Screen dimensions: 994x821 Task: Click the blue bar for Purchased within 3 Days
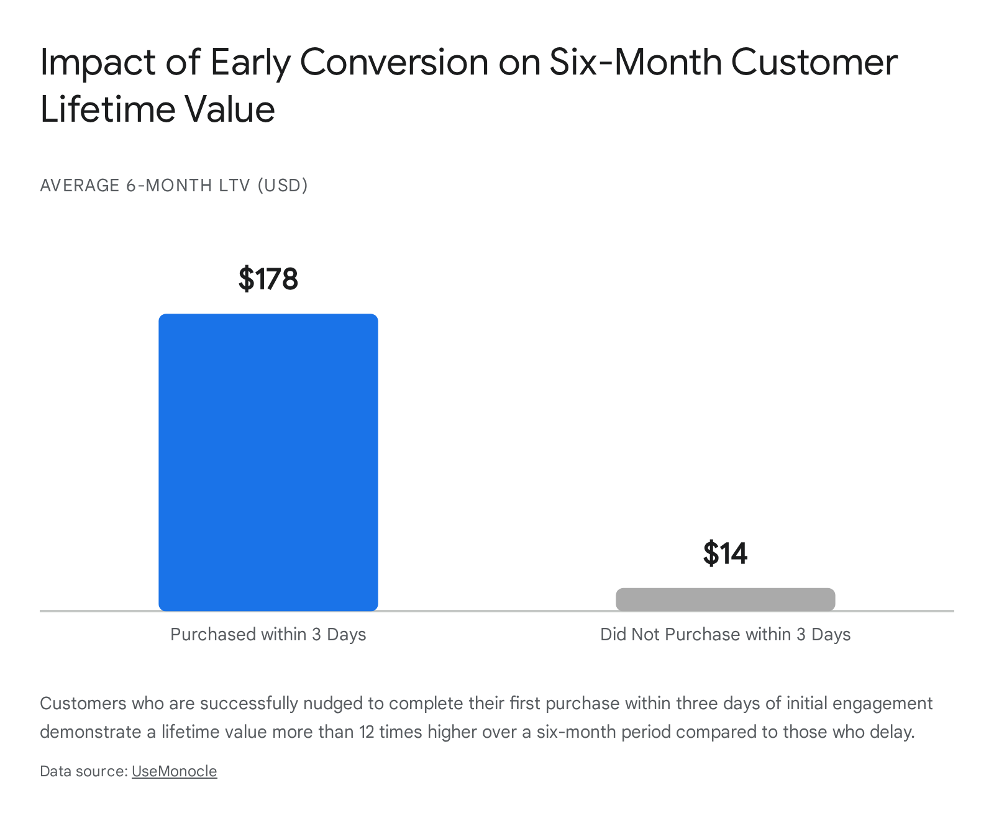pyautogui.click(x=268, y=462)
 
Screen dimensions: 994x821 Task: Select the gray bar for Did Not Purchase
pyautogui.click(x=725, y=599)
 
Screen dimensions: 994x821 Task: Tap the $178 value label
pyautogui.click(x=268, y=279)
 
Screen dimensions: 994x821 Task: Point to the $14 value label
pyautogui.click(x=725, y=553)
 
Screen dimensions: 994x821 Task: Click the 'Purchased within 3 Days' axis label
pyautogui.click(x=268, y=634)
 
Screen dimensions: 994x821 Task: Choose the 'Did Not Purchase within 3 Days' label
pyautogui.click(x=725, y=634)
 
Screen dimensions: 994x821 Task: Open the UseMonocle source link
pyautogui.click(x=175, y=771)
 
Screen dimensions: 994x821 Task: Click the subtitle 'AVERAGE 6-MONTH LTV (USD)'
pyautogui.click(x=174, y=185)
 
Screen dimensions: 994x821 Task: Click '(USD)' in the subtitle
pyautogui.click(x=283, y=185)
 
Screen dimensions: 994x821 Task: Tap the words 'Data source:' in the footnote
pyautogui.click(x=84, y=771)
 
